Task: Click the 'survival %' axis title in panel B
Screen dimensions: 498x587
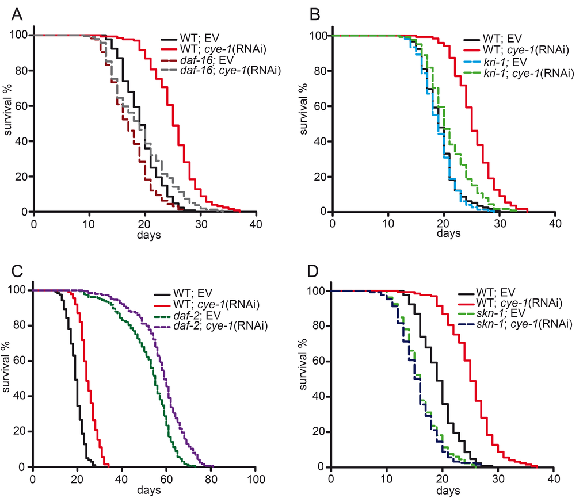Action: click(x=306, y=124)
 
